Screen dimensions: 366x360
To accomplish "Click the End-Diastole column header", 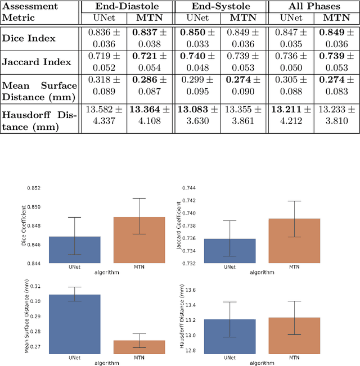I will (x=127, y=7).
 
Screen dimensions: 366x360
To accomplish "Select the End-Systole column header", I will (x=220, y=7).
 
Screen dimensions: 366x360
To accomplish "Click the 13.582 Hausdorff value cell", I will (x=103, y=114).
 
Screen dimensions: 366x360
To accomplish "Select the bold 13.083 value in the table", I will (x=196, y=108).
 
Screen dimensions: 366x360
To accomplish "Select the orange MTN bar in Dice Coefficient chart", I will (x=143, y=240).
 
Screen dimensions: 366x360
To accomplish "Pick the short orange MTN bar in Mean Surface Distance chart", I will (x=143, y=347).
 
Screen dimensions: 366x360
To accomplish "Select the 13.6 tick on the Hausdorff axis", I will (x=190, y=290).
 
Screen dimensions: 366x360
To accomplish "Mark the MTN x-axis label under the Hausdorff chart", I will (x=294, y=358).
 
